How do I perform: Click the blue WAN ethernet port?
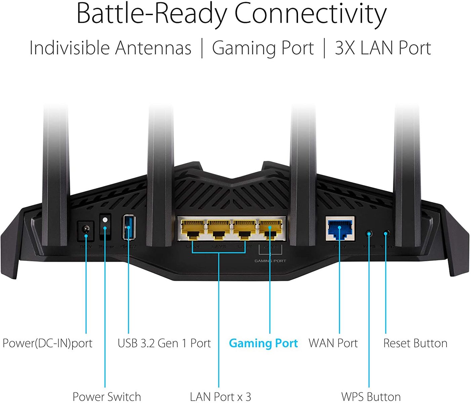pos(340,228)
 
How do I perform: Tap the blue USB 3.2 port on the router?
pos(129,227)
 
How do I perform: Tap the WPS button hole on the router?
pos(369,233)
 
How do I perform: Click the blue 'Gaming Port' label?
pos(263,343)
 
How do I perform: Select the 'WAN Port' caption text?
pos(333,343)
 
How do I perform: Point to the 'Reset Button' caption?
pos(415,343)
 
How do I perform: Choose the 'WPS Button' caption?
pos(371,396)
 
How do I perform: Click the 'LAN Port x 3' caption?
pos(220,396)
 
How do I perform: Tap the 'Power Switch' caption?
pos(106,396)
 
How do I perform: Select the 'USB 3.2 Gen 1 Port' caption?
pos(164,343)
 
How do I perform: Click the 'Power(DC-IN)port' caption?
pos(47,343)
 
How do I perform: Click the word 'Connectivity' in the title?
pos(310,14)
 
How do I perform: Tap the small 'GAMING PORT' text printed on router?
pos(270,261)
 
